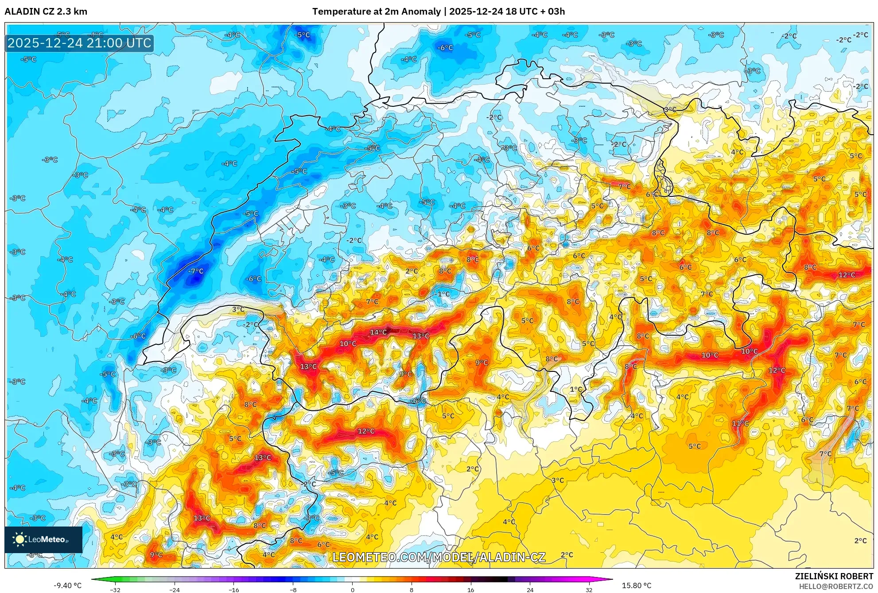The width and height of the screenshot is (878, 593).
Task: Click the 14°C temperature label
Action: coord(378,332)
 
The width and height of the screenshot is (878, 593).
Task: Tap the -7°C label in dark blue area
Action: coord(196,271)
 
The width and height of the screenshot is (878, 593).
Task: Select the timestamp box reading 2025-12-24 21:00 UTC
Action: coord(79,43)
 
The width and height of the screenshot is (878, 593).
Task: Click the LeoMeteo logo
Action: coord(43,539)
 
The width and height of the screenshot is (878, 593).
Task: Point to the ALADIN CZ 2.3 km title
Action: coord(46,12)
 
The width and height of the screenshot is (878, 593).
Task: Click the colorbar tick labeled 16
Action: coord(470,589)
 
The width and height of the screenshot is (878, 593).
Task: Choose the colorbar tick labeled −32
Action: coord(115,589)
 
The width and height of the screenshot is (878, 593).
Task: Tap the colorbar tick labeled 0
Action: coord(352,589)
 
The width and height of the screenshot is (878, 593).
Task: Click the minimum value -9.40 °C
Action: coord(68,585)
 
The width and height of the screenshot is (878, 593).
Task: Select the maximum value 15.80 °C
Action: coord(637,585)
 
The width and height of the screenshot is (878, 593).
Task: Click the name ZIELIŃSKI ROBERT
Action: coord(834,576)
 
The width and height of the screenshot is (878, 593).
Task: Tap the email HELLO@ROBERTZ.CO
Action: coord(836,586)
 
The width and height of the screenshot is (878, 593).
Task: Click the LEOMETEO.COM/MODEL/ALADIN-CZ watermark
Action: coord(439,557)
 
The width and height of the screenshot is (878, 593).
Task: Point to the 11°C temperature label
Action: coord(740,423)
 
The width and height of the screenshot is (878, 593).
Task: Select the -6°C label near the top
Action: coord(445,48)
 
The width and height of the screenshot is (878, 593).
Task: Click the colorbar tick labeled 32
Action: coord(589,589)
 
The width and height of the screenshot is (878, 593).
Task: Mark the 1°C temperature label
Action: coord(576,389)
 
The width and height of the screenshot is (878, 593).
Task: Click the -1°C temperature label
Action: coord(442,294)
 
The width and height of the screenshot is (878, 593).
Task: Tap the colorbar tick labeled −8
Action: coord(293,589)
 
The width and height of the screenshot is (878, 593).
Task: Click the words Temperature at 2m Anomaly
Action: coord(377,12)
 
